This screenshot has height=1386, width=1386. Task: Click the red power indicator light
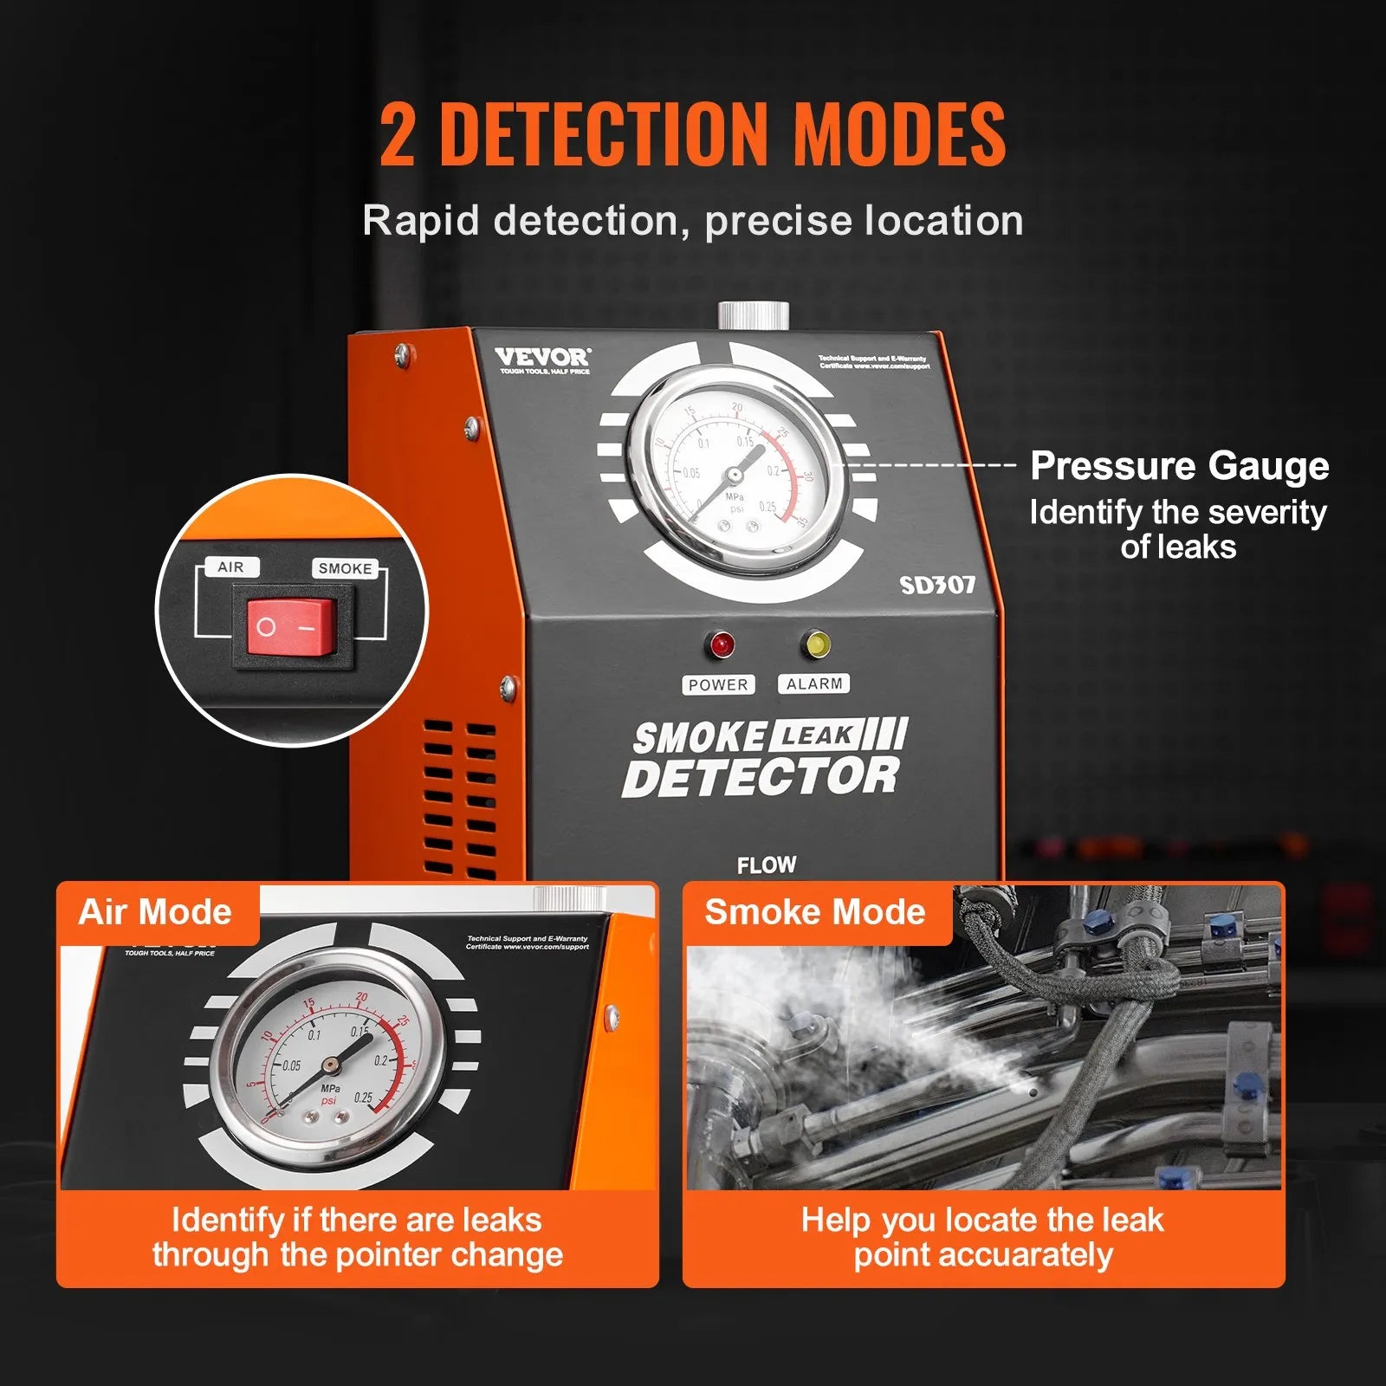click(721, 644)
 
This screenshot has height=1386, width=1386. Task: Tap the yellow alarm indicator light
click(817, 644)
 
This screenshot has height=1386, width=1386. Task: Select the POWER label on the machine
click(717, 684)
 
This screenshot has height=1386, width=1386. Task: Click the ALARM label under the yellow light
click(813, 683)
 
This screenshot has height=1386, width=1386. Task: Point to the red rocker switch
click(291, 626)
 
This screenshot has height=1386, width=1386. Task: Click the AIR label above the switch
click(230, 567)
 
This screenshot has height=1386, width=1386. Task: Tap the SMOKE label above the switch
click(345, 568)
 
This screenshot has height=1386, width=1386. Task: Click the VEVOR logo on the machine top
click(542, 357)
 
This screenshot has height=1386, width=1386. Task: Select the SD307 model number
click(937, 586)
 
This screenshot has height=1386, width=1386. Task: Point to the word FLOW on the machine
click(767, 865)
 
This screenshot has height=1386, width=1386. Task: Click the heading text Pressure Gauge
click(1179, 466)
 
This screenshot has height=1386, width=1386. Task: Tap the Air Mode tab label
click(155, 912)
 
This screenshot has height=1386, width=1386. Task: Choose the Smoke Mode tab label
click(815, 912)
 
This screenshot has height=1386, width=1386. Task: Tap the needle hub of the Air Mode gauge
click(330, 1065)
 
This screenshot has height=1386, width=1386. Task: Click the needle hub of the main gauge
click(734, 474)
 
